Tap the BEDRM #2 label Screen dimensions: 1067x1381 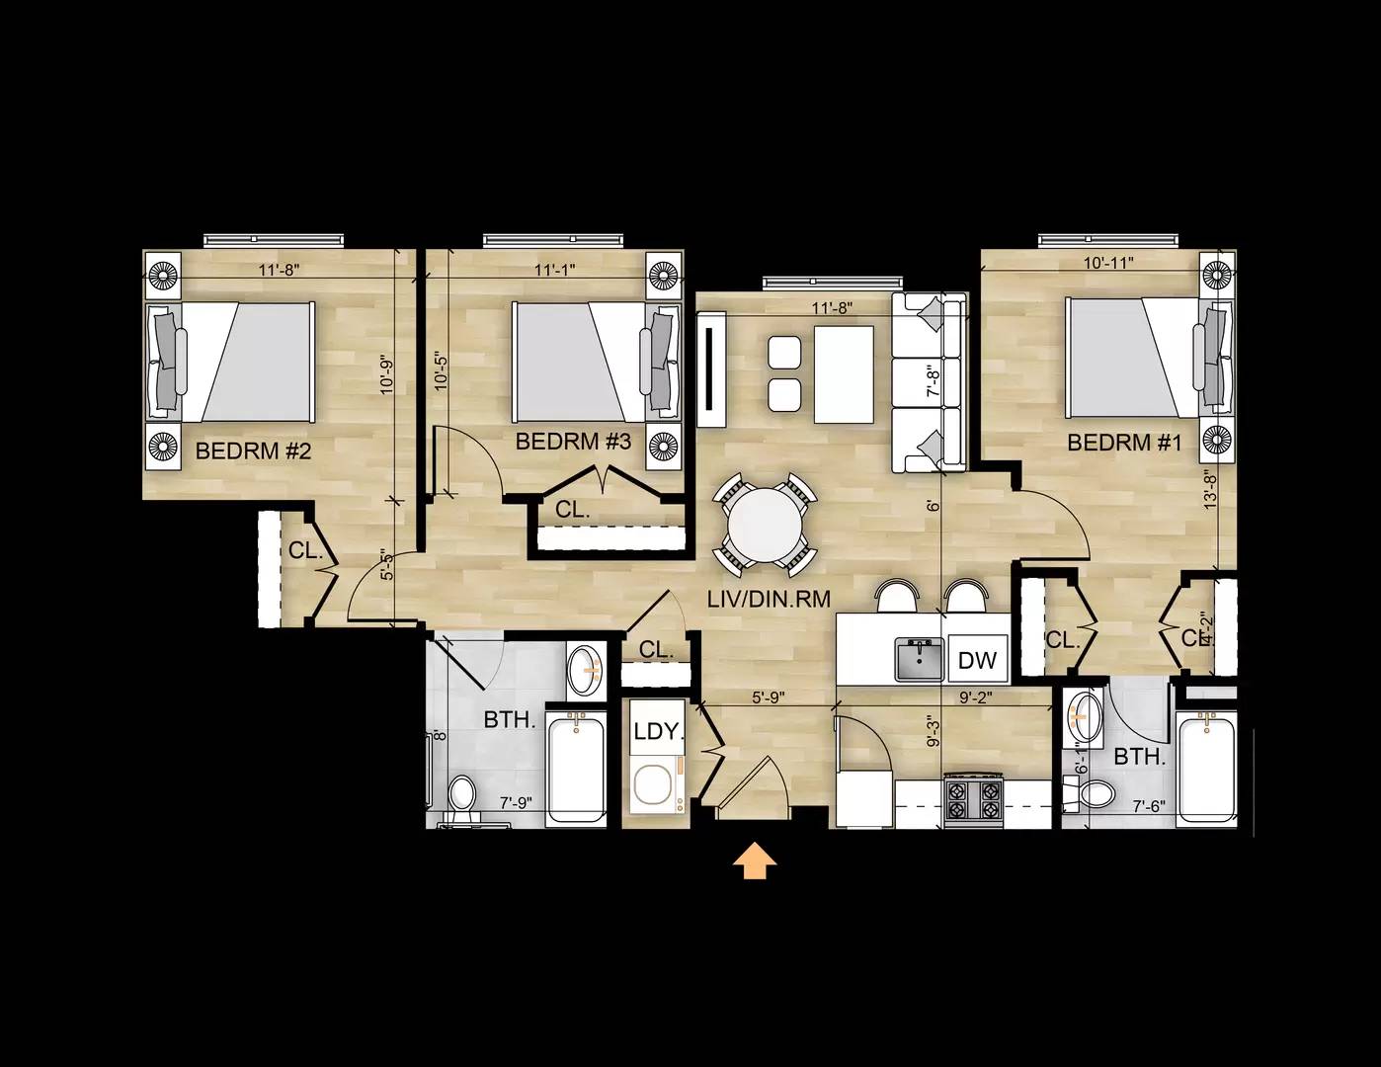tap(254, 451)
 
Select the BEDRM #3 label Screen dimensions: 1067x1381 tap(573, 441)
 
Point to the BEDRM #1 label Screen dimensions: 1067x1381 tap(1124, 443)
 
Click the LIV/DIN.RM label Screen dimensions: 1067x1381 tap(768, 598)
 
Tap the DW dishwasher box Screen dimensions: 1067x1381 tap(977, 660)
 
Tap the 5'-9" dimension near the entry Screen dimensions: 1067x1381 tap(768, 697)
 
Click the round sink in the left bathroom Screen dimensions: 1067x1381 tap(586, 669)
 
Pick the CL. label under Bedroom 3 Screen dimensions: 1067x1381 tap(572, 511)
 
